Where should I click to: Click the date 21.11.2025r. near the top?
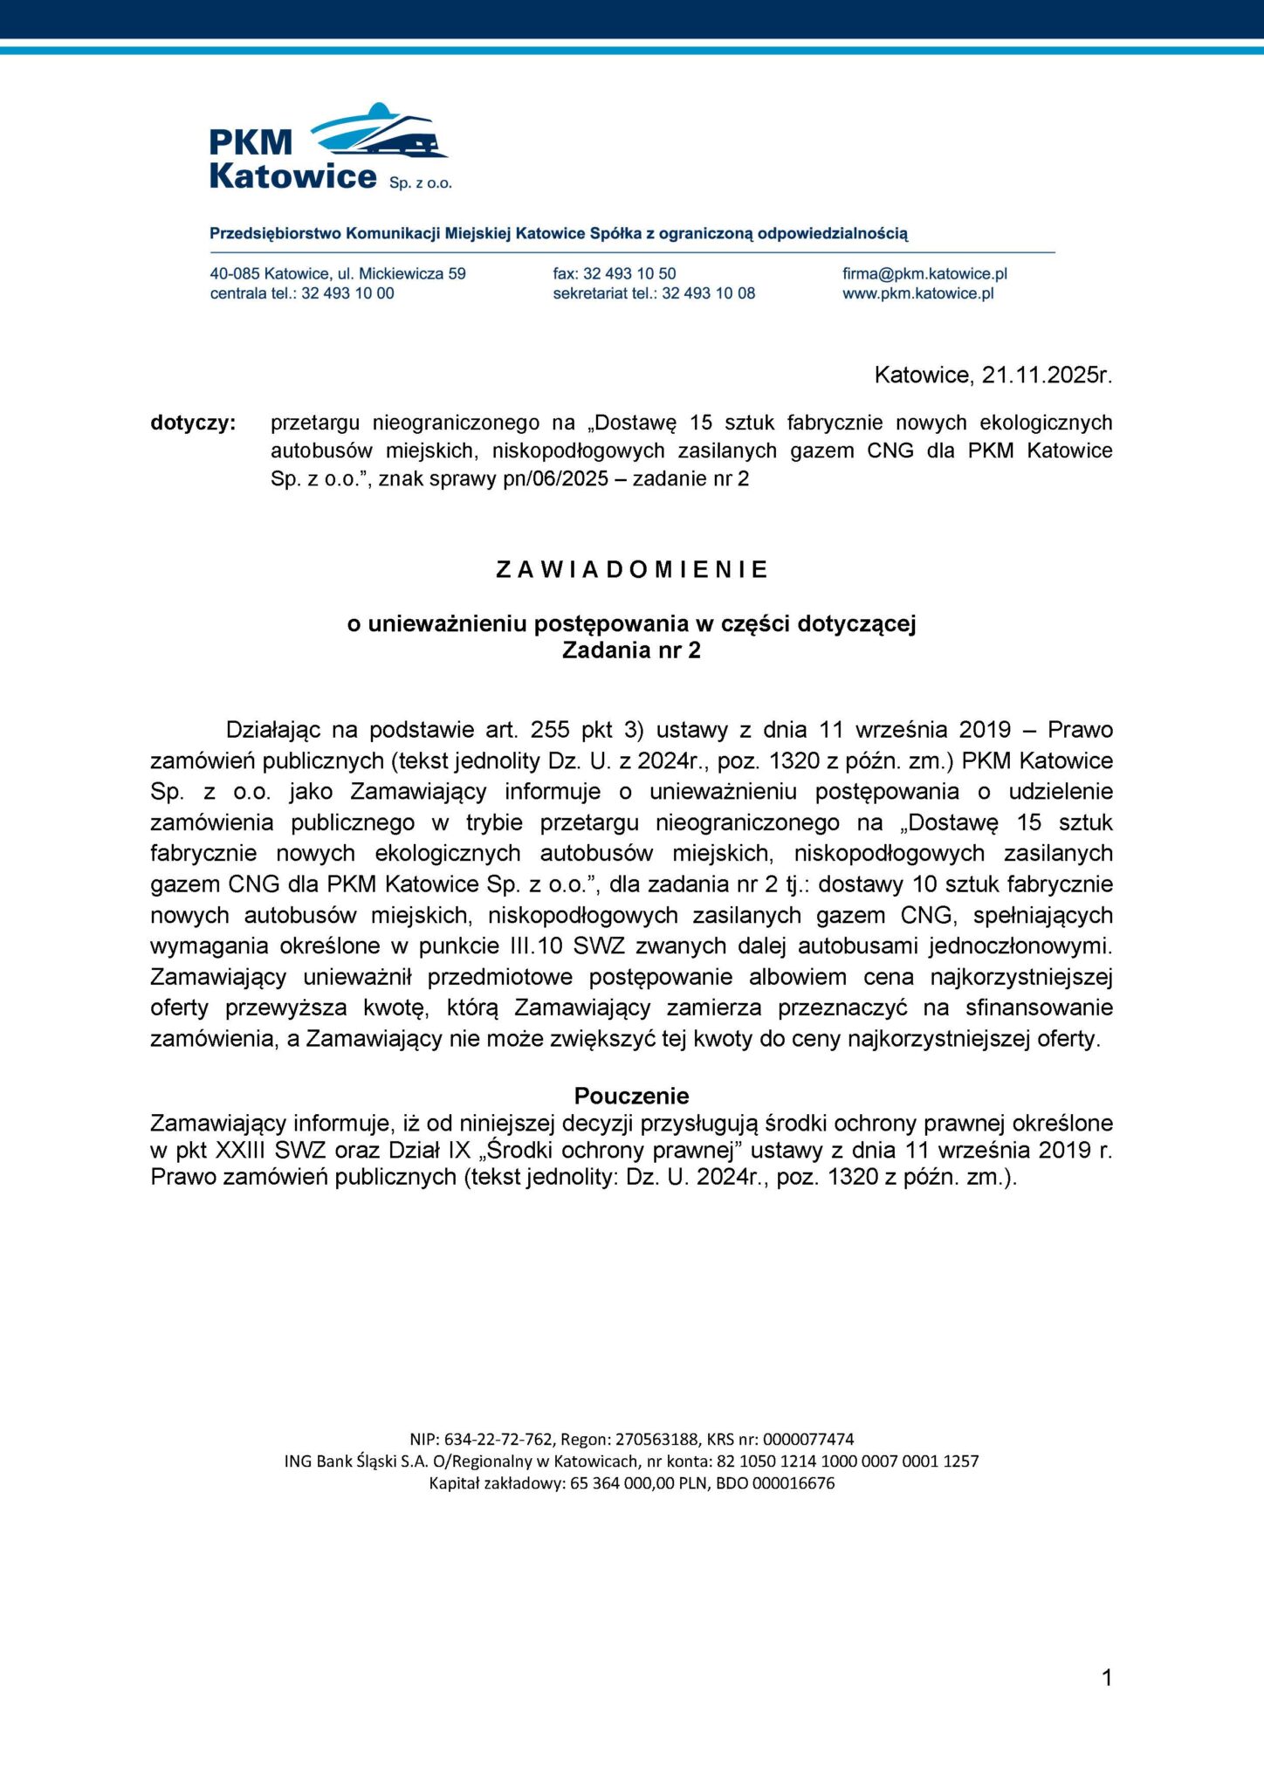tap(1047, 375)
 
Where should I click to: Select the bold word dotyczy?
tap(193, 423)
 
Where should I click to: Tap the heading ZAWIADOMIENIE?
tap(632, 570)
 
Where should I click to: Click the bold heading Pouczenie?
tap(631, 1096)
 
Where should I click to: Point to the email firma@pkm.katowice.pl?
tap(924, 274)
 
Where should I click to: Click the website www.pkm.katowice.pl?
tap(917, 294)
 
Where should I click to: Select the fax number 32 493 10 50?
tap(629, 274)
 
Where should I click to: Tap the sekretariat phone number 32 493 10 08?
tap(708, 294)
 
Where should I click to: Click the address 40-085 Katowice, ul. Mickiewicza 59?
tap(338, 274)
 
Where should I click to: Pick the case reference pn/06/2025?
tap(555, 479)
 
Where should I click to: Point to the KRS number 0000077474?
tap(808, 1440)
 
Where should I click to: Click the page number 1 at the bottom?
tap(1107, 1678)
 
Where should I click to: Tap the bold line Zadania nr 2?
tap(631, 651)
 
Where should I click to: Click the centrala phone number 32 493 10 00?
tap(347, 294)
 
